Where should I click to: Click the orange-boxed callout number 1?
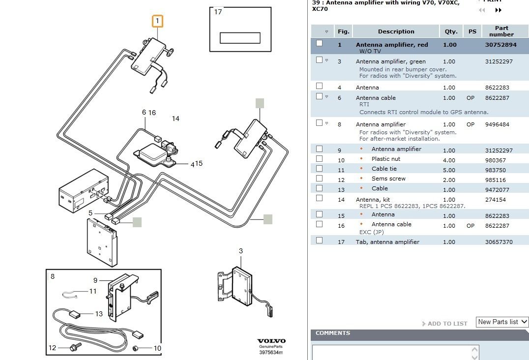(157, 21)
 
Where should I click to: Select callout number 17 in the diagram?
(218, 12)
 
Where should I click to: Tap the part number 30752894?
(501, 45)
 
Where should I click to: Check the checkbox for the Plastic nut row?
(320, 159)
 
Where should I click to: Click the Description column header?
(396, 31)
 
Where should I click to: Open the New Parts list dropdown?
(502, 322)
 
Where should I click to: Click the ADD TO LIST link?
(447, 324)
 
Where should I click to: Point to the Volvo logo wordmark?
(271, 341)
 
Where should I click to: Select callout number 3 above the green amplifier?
(241, 251)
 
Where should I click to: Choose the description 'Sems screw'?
(388, 179)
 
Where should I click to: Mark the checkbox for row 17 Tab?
(320, 240)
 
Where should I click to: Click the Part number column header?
(501, 31)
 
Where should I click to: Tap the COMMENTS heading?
(333, 333)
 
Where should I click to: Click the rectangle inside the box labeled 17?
(240, 38)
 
